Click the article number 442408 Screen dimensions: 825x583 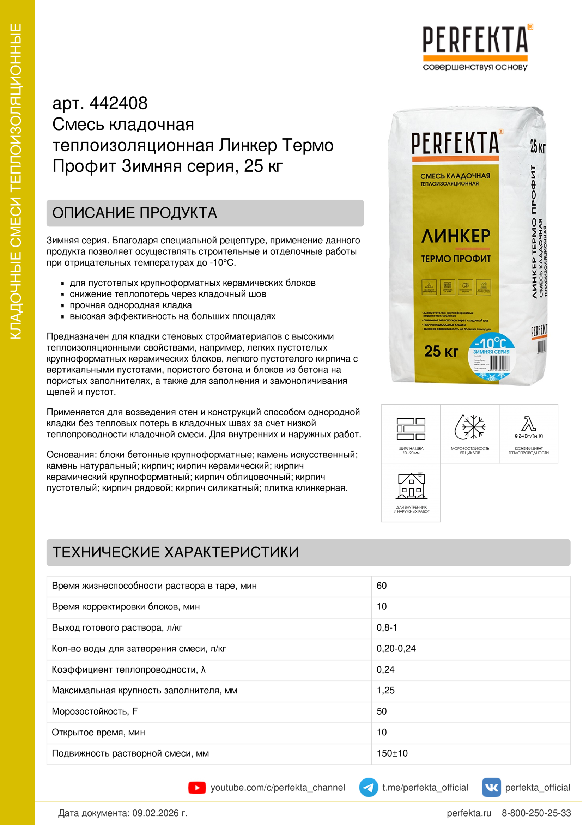click(x=118, y=103)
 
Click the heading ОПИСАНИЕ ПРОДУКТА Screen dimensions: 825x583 click(x=135, y=213)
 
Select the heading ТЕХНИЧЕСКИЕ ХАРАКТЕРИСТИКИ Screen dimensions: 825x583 click(x=175, y=552)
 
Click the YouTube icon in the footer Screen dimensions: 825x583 click(x=197, y=788)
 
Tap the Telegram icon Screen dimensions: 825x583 click(x=369, y=788)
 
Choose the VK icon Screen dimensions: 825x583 click(x=491, y=788)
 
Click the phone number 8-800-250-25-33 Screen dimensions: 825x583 click(x=536, y=813)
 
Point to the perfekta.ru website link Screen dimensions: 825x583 click(x=469, y=813)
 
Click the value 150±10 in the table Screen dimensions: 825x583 click(x=392, y=753)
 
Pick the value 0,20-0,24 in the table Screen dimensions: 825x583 click(x=396, y=649)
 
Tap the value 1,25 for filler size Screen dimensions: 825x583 click(x=385, y=691)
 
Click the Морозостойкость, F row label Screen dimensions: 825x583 click(x=95, y=711)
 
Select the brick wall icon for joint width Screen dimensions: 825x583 click(x=411, y=429)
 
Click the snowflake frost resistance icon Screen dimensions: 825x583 click(x=470, y=427)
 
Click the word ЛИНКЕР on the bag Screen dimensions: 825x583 click(x=456, y=236)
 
